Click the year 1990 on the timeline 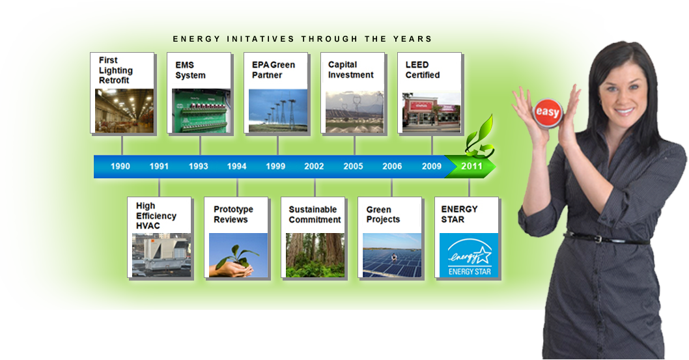[x=120, y=167]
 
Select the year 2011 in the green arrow [x=471, y=167]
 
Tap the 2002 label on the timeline [x=314, y=167]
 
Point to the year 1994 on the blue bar [x=236, y=167]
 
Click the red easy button [x=548, y=113]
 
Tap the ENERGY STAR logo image [x=469, y=255]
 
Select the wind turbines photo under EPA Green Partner [x=277, y=111]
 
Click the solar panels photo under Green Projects [x=392, y=255]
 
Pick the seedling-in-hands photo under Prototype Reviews [x=238, y=255]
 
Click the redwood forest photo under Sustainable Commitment [x=315, y=255]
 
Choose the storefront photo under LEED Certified [x=432, y=111]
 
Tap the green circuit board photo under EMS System [x=201, y=111]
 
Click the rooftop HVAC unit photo [x=162, y=255]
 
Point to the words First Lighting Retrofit [x=115, y=70]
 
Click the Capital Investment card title [x=350, y=70]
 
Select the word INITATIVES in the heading [x=260, y=39]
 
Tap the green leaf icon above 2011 [x=480, y=136]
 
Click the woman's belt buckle [x=598, y=239]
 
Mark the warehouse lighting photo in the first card [x=124, y=111]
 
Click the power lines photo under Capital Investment [x=355, y=111]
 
